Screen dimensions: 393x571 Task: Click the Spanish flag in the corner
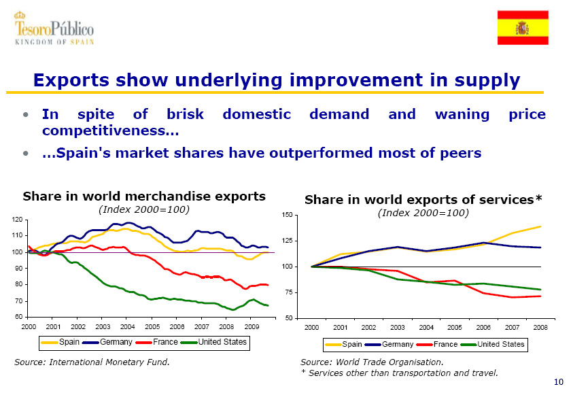click(x=522, y=28)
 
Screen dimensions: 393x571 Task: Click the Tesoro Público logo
click(x=54, y=29)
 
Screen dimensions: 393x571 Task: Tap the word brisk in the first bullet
click(x=187, y=114)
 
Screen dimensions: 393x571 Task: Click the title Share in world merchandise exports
click(x=144, y=196)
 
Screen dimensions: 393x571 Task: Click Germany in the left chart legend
click(x=116, y=341)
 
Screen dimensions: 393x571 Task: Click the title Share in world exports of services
click(x=423, y=200)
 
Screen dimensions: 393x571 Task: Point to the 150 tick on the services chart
click(x=288, y=216)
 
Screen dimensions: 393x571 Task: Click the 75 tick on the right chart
click(x=290, y=292)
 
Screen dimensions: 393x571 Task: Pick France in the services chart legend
click(x=445, y=344)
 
